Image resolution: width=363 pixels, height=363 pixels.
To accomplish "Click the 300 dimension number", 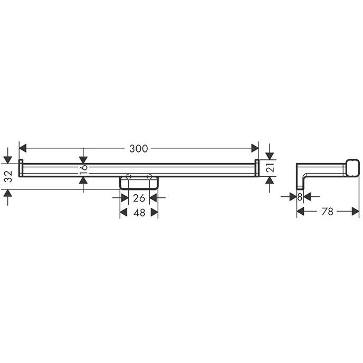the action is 138,149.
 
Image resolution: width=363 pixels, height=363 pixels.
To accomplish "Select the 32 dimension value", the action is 8,176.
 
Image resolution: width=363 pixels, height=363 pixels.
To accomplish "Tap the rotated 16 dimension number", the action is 83,170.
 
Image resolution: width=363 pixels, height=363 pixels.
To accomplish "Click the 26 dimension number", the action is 139,198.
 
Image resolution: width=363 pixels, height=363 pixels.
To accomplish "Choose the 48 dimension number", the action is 139,213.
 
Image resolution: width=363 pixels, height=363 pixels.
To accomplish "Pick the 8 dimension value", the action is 300,197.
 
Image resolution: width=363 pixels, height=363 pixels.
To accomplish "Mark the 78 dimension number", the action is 327,212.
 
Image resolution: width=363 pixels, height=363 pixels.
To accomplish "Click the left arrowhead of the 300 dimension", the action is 23,148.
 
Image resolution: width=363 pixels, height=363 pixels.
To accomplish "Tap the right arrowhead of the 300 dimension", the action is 255,148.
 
